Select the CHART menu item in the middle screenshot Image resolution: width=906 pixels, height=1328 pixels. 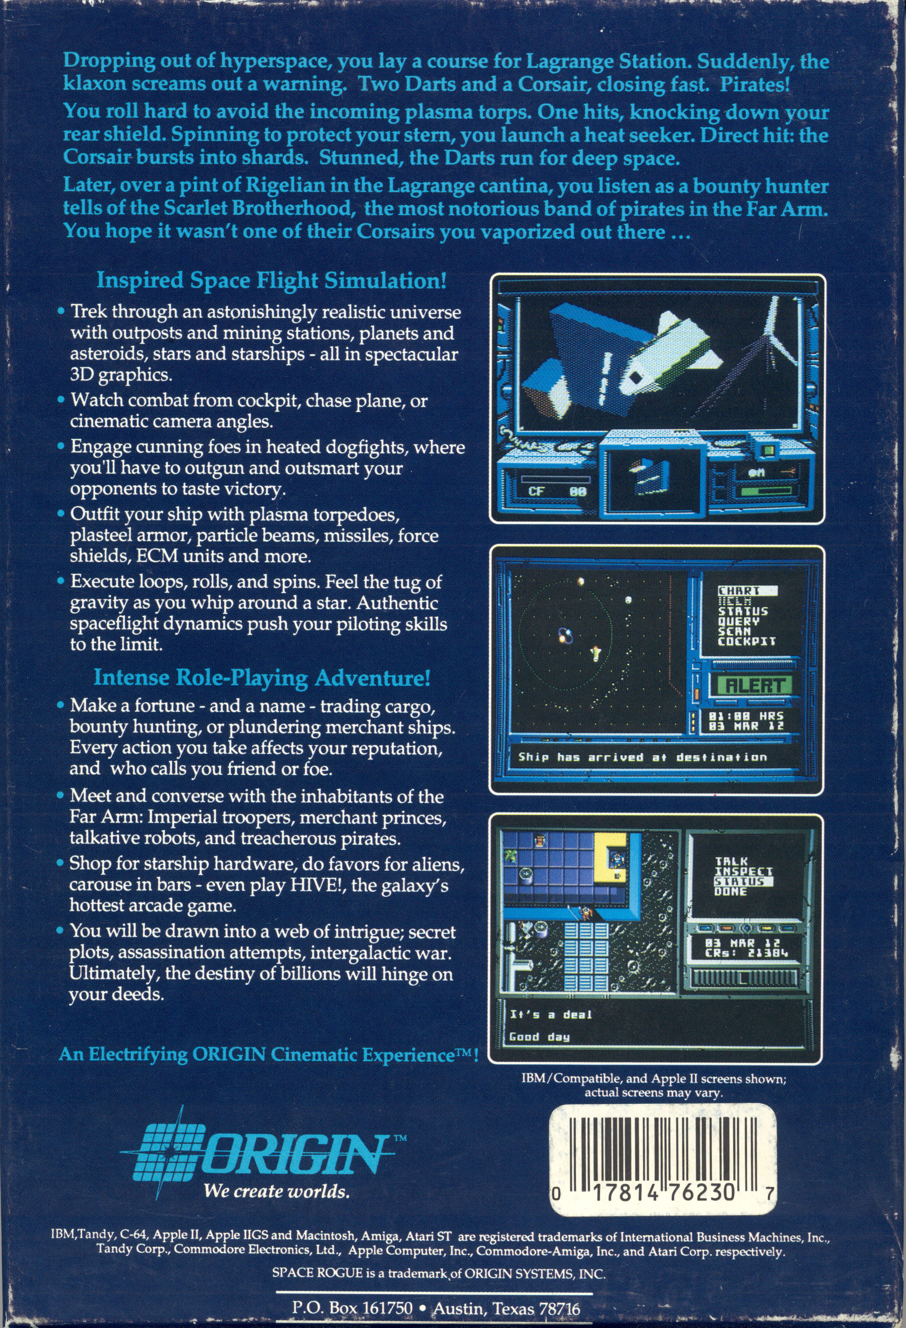pyautogui.click(x=739, y=591)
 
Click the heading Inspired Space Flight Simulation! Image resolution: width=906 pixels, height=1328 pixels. pyautogui.click(x=272, y=281)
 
